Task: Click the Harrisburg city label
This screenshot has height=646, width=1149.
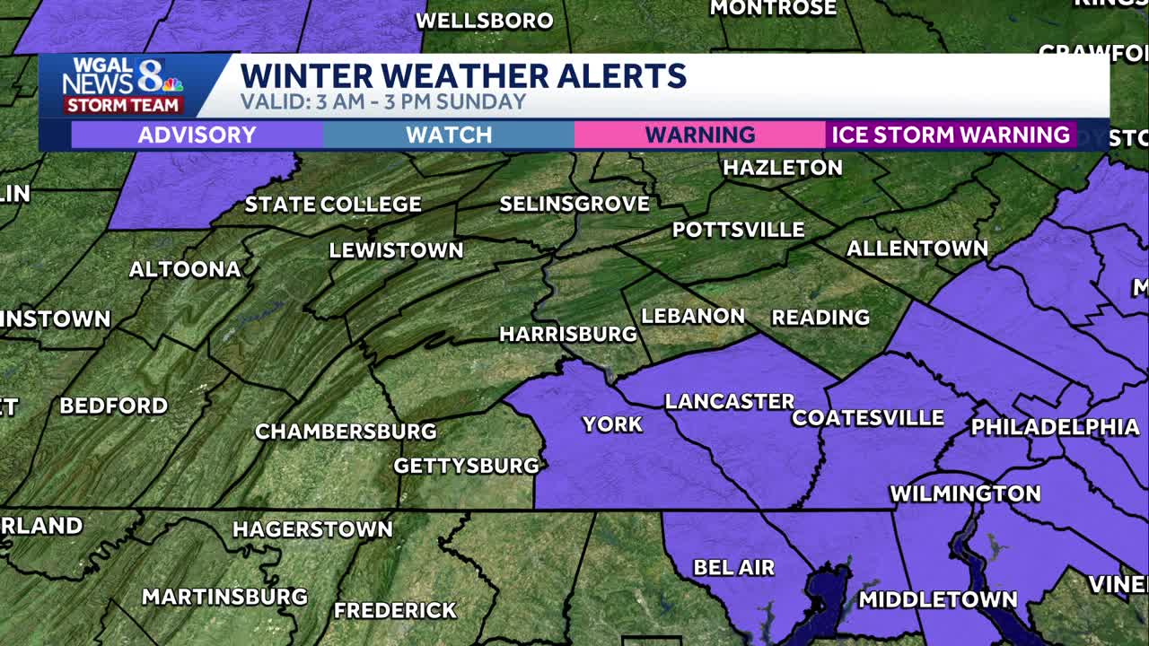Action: [567, 334]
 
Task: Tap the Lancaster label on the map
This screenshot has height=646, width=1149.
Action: [729, 401]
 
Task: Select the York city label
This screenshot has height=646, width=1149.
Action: [612, 423]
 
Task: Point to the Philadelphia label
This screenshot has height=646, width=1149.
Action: [1054, 426]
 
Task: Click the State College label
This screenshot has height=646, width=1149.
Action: [332, 204]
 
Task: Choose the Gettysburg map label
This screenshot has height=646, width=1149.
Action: [466, 465]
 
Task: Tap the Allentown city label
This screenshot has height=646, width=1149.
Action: [917, 248]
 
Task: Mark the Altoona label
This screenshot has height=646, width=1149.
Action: [185, 268]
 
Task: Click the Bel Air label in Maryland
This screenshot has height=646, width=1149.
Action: [733, 567]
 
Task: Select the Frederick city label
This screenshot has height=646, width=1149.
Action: [395, 610]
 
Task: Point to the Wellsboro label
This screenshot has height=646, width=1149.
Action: [484, 20]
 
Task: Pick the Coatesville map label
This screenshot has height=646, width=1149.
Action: [867, 417]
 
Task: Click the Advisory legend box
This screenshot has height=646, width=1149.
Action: [197, 135]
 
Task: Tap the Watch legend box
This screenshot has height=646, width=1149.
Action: [448, 135]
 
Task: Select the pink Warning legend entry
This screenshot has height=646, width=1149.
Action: [699, 135]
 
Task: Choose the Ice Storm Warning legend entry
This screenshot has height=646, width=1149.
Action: [951, 135]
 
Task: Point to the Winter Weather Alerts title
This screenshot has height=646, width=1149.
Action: [463, 75]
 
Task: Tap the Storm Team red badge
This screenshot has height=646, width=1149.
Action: [123, 105]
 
